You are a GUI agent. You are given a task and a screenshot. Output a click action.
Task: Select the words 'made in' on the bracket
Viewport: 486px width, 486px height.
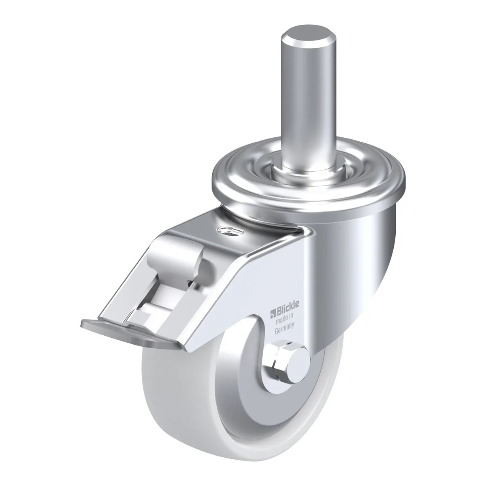284,316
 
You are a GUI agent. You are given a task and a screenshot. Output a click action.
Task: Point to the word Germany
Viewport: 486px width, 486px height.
284,326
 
